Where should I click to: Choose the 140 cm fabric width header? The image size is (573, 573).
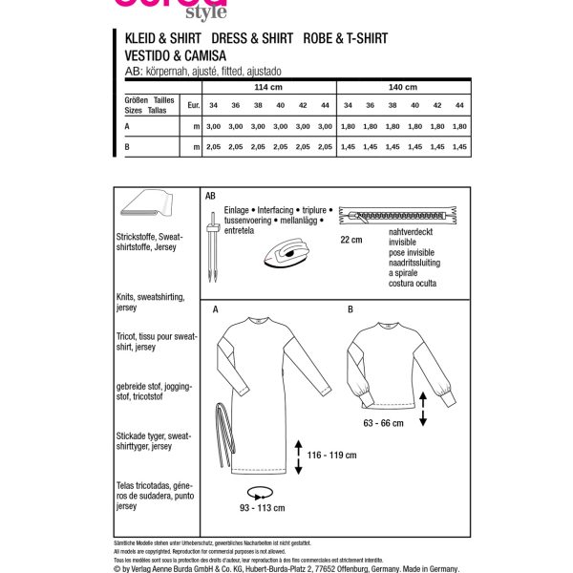(x=404, y=86)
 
